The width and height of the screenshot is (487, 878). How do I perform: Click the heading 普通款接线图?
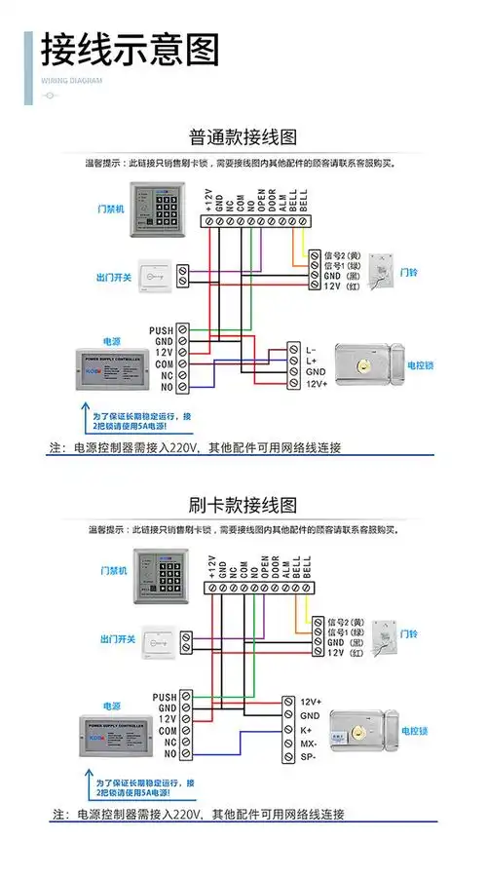coord(243,136)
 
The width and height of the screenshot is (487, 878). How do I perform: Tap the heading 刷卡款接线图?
coord(243,506)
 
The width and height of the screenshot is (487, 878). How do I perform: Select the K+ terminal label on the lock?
coord(307,729)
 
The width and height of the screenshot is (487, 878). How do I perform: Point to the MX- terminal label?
coord(309,743)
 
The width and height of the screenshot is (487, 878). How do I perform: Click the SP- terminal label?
coord(309,756)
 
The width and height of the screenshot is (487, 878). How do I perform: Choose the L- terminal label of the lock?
coord(311,348)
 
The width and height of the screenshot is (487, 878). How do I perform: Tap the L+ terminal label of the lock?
coord(311,360)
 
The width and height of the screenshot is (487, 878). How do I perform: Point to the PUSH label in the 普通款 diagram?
coord(161,331)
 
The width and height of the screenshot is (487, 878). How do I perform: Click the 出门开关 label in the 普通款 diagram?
coord(114,277)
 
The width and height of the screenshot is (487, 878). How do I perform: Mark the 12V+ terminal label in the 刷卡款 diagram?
coord(311,702)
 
